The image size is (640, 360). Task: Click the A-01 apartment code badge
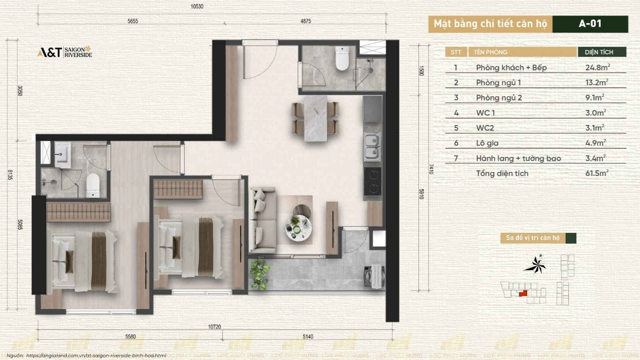coord(590,24)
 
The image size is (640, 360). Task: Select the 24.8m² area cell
coord(597,67)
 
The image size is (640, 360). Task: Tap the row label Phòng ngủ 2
coord(499,98)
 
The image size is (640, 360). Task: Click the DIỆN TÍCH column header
coord(599,52)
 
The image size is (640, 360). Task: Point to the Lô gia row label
coord(487,143)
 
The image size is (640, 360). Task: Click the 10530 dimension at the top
coord(197,6)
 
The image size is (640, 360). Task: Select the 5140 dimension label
coord(308,337)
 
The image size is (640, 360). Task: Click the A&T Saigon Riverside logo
coord(64,52)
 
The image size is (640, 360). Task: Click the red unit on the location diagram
coord(522,293)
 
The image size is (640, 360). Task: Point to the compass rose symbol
coord(536,265)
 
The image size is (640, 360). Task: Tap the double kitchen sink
coord(372,146)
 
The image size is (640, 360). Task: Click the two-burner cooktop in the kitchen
coord(372,181)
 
